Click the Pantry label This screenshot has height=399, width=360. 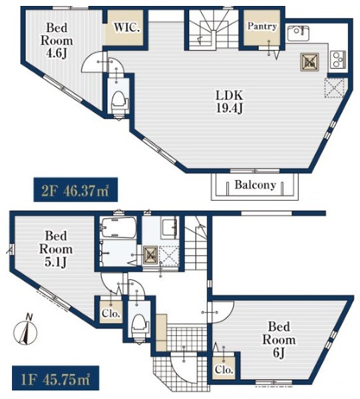(x=262, y=26)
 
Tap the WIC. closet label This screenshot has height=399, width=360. (x=126, y=27)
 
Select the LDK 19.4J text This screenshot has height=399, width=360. (x=229, y=102)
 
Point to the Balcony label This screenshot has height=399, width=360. (x=255, y=185)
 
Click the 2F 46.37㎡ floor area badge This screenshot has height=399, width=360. (x=76, y=190)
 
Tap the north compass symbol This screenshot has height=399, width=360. (x=25, y=330)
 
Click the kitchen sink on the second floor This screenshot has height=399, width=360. (x=298, y=33)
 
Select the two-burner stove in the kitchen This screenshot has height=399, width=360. (x=338, y=59)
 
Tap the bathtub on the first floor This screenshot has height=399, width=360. (x=118, y=227)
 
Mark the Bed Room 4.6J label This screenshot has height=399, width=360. (x=57, y=41)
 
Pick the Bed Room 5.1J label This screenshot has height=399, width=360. (x=56, y=249)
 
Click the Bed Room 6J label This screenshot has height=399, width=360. (x=279, y=340)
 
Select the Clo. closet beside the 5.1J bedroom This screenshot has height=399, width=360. (x=110, y=313)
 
